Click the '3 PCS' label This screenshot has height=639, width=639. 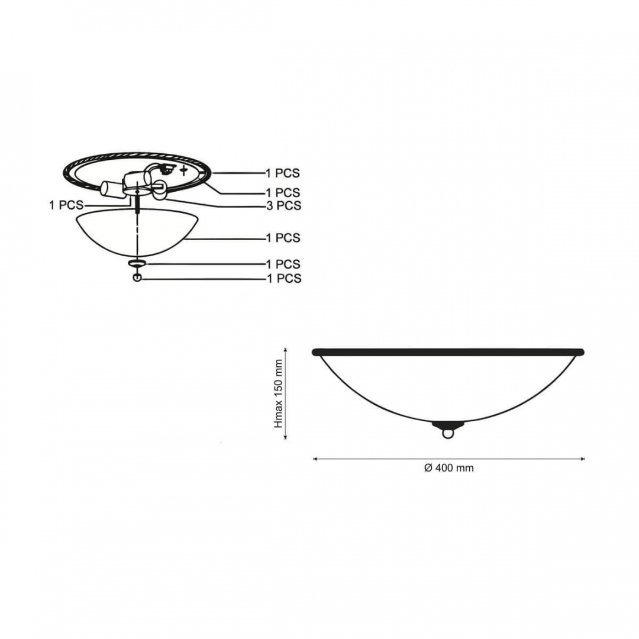click(x=283, y=206)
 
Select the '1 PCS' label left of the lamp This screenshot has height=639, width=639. click(x=66, y=205)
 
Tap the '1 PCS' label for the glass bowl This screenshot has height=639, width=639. click(x=283, y=238)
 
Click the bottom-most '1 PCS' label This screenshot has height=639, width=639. click(x=284, y=278)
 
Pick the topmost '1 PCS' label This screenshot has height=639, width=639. click(x=283, y=173)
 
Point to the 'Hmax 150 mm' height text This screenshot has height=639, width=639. click(x=279, y=393)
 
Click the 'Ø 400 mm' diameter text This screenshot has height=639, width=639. click(x=448, y=468)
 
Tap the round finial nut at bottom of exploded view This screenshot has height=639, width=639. click(x=137, y=277)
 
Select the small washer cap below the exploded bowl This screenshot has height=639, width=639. click(x=135, y=263)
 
